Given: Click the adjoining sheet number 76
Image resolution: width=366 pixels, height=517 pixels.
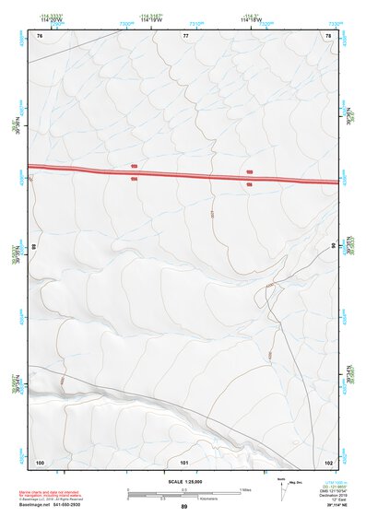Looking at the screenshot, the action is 40,35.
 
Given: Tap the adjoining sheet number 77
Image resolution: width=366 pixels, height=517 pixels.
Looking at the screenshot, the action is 185,35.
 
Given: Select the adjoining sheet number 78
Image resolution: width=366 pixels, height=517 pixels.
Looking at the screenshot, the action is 328,35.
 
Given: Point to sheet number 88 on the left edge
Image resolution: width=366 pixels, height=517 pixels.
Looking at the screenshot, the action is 33,247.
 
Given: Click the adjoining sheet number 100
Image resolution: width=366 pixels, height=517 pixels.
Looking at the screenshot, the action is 40,462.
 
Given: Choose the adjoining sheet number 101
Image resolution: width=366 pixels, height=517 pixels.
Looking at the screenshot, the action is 184,462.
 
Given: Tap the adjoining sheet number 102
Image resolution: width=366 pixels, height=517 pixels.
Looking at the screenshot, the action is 328,462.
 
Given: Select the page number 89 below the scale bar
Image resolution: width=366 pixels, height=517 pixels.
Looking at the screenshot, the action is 183,507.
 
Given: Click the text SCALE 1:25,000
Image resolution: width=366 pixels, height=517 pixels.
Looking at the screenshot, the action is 183,481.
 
